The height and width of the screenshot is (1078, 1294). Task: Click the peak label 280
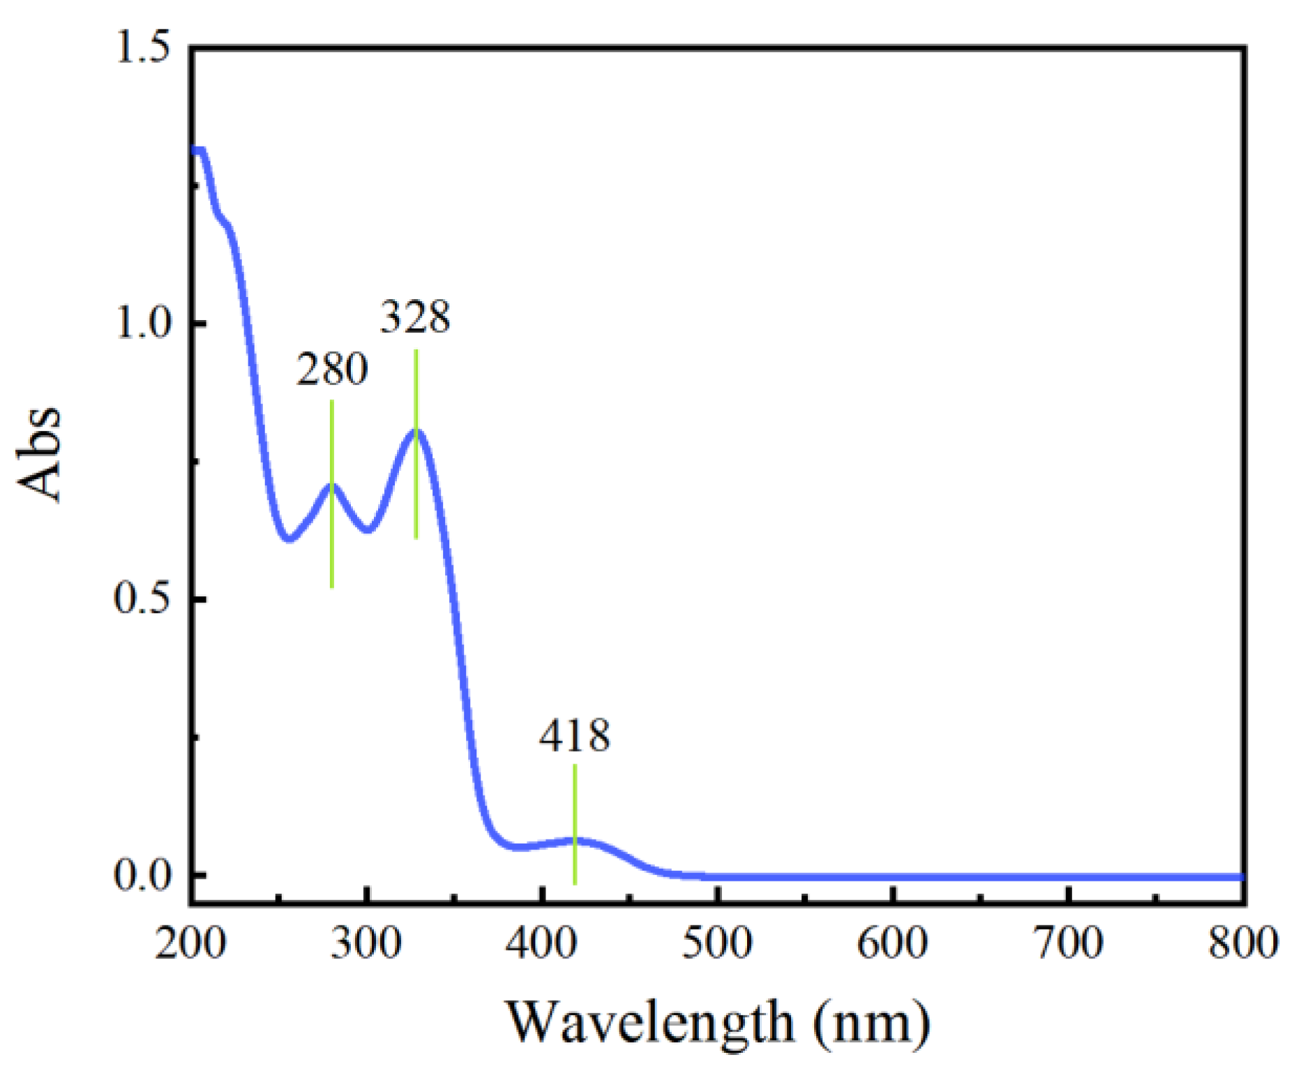click(x=332, y=369)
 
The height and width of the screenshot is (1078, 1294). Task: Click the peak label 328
click(x=415, y=317)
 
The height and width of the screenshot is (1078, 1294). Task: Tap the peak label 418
click(x=574, y=736)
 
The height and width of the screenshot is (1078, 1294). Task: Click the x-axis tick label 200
click(x=190, y=943)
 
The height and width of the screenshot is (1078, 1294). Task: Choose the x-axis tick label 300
click(x=366, y=943)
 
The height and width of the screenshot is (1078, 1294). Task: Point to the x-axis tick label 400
click(x=542, y=943)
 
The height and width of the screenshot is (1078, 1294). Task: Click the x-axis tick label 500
click(x=718, y=943)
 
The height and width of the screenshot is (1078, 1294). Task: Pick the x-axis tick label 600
click(x=893, y=943)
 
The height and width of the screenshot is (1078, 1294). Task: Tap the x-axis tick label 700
click(x=1069, y=943)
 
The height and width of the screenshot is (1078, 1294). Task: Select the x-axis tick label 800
click(x=1243, y=943)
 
